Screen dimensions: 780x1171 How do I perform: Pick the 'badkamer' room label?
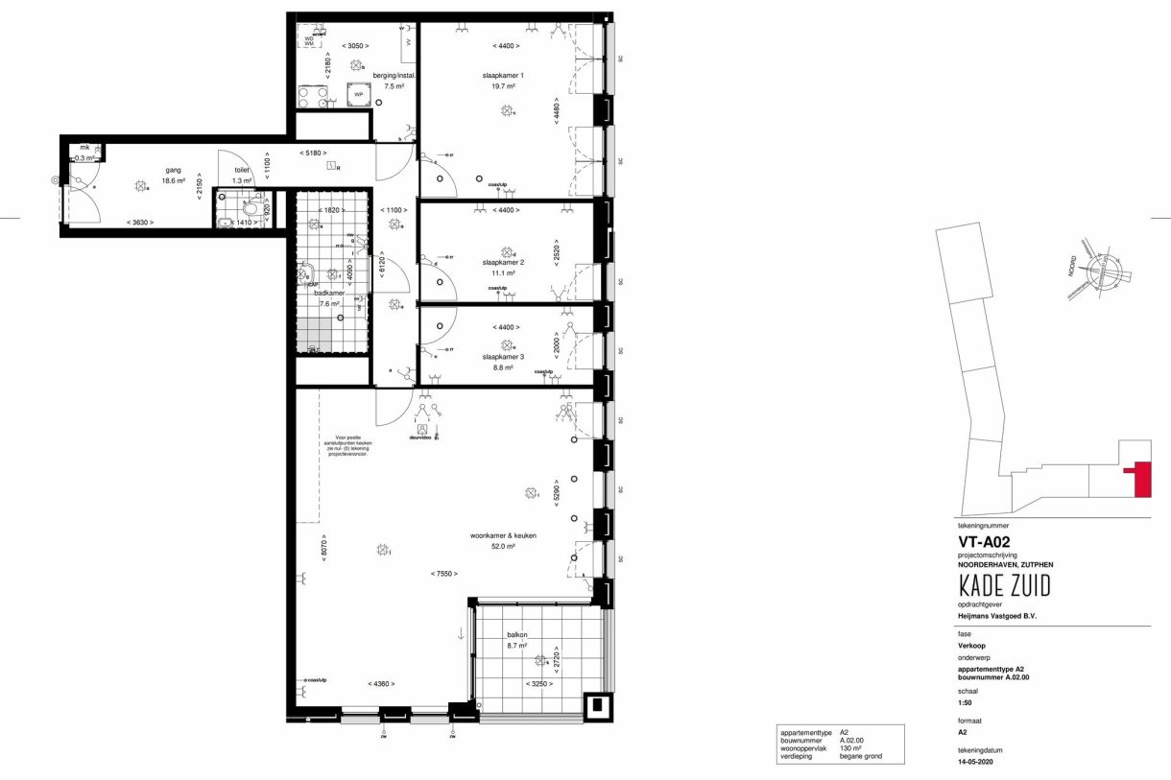(x=314, y=293)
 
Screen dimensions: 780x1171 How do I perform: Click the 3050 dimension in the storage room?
(x=357, y=45)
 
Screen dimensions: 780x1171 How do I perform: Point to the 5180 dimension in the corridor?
(x=311, y=153)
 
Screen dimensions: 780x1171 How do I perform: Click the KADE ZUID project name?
(x=1003, y=586)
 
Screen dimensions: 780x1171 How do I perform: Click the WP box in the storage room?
(x=359, y=95)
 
